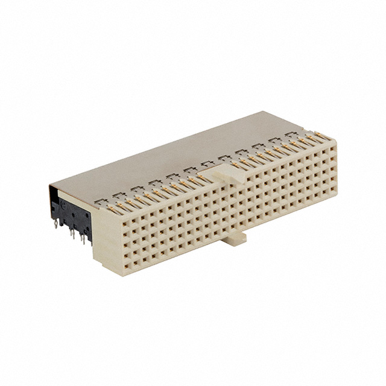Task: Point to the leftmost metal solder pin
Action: point(55,226)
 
